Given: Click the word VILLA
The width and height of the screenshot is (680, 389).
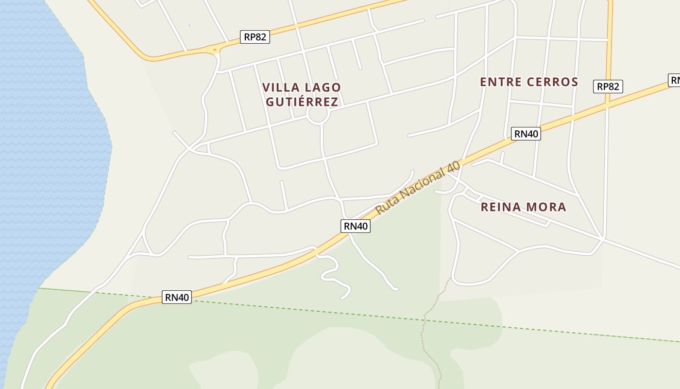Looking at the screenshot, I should coord(279,88).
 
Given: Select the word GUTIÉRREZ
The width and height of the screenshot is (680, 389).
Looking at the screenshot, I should coord(302,102).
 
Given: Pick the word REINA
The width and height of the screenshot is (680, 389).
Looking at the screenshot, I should coord(500,207).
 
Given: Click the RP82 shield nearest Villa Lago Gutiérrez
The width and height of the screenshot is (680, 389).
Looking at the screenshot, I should coord(255,37).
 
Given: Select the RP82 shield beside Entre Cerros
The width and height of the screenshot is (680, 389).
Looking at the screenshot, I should coord(608,87).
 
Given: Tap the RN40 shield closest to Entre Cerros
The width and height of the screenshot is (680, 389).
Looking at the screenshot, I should coord(526,134).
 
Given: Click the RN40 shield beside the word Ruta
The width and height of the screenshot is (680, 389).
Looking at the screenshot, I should coord(356,226).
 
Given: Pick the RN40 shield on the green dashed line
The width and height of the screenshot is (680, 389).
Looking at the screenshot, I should coord(177,297).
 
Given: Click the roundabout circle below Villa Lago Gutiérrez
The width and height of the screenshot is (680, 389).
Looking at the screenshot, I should coord(318,114).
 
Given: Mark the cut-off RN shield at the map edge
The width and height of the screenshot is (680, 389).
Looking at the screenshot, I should coord(675,80).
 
